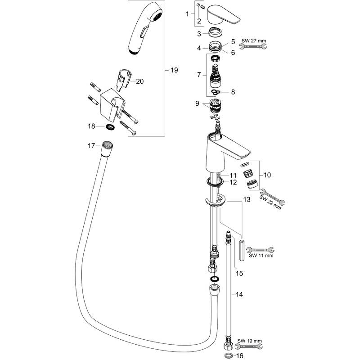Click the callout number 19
175,70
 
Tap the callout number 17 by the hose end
91,145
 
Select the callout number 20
139,81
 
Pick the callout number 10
267,174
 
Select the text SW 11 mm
261,256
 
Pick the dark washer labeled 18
110,127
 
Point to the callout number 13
246,198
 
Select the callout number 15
239,272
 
